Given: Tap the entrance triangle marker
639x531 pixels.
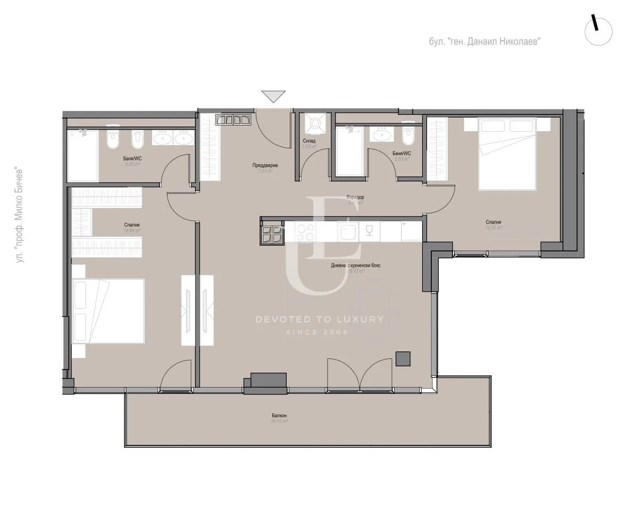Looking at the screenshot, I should pos(273,96).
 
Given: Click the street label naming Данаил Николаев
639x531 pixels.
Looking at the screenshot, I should pos(485,41).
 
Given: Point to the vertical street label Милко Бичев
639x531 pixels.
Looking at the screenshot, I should pos(21,215).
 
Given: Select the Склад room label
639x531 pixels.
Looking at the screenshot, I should pos(309,141).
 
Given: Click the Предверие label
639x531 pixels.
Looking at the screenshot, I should pos(265,166).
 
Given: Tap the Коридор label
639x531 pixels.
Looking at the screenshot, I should pos(356,197).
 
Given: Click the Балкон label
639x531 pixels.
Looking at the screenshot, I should pos(279,416).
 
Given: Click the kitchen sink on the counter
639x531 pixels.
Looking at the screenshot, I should pos(348,231).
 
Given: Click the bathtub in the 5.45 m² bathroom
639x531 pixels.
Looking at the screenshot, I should pos(83,155).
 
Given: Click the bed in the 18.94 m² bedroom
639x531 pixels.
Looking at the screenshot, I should pos(109,312).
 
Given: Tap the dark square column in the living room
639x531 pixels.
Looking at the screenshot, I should pos(403,359).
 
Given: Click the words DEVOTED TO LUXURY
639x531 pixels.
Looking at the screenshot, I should pos(319,319).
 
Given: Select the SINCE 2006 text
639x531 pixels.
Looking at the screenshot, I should pos(317,332).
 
